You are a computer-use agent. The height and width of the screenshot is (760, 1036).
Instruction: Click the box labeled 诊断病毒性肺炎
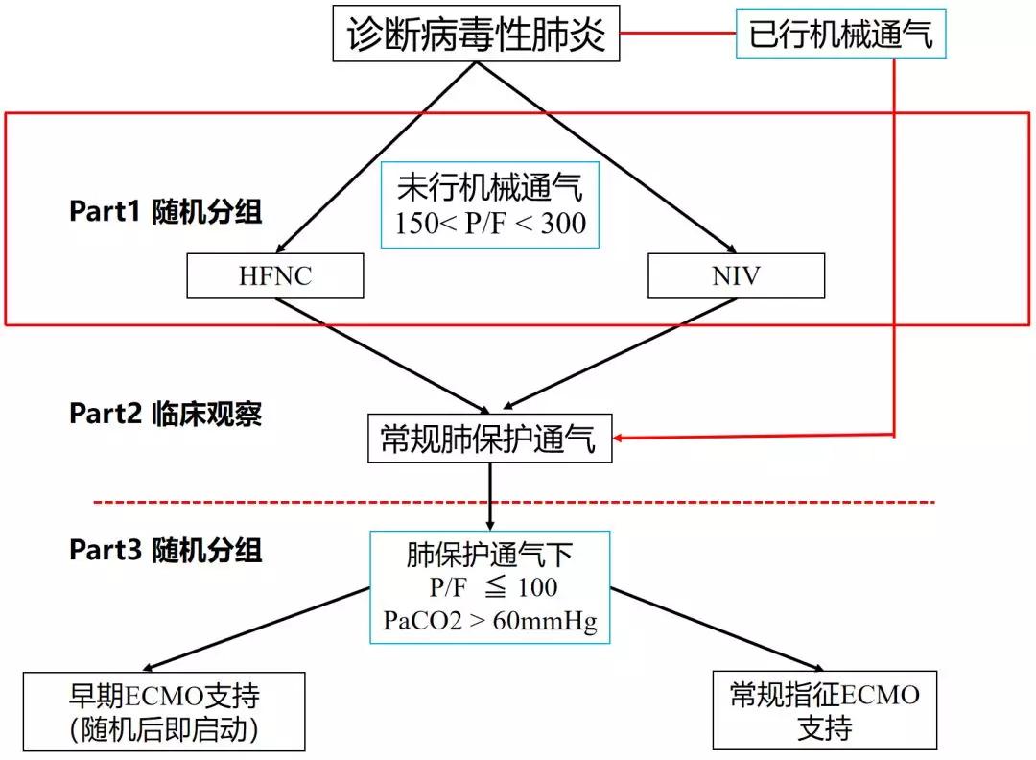click(x=476, y=35)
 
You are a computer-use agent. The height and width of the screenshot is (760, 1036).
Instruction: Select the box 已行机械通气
click(x=840, y=35)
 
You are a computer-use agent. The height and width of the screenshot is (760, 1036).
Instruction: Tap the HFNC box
click(x=275, y=276)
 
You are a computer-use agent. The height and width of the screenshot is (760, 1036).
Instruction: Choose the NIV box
click(x=736, y=276)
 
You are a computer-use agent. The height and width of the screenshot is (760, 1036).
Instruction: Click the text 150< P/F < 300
click(x=490, y=223)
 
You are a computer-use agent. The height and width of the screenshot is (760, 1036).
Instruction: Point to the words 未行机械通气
click(x=490, y=189)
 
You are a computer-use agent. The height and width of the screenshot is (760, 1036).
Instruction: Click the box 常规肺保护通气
click(x=489, y=439)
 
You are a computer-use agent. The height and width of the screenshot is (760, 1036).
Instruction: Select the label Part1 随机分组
click(x=165, y=212)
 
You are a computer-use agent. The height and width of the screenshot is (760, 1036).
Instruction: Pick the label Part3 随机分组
click(x=165, y=550)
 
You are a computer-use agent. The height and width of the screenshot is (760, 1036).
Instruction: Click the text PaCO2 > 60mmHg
click(x=490, y=621)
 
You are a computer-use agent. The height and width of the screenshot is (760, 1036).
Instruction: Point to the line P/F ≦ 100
click(x=490, y=587)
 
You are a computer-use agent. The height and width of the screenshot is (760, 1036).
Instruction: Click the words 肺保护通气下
click(x=490, y=555)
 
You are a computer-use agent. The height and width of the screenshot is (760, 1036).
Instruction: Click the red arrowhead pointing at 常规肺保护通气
click(x=622, y=439)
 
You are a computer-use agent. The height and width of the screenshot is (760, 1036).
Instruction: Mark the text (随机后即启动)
click(x=164, y=730)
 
